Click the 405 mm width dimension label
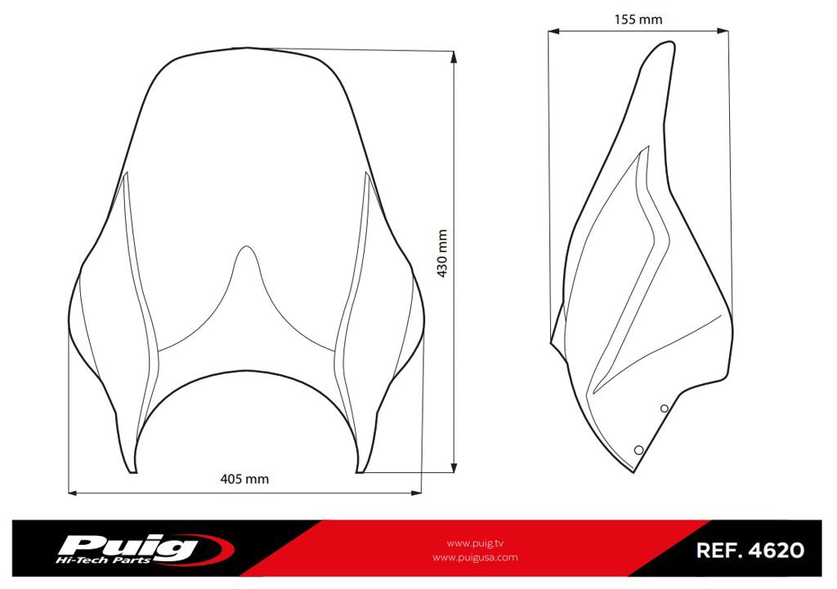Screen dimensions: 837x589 (244, 479)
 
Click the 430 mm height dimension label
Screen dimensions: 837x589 (442, 253)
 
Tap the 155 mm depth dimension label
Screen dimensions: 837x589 (638, 20)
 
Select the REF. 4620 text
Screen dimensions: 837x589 (750, 550)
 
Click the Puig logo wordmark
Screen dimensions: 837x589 (127, 547)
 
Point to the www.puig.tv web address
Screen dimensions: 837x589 (475, 543)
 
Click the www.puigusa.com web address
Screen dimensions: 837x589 (475, 557)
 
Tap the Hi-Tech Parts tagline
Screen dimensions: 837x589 (103, 560)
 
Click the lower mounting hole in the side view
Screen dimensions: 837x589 (638, 450)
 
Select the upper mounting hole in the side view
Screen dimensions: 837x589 (664, 408)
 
